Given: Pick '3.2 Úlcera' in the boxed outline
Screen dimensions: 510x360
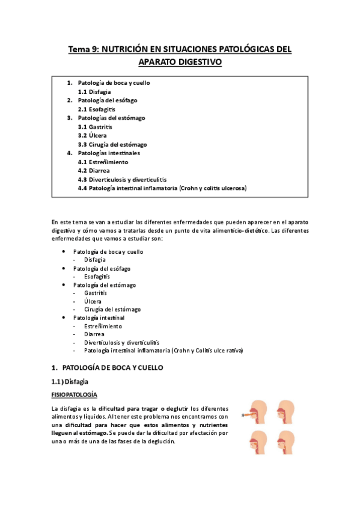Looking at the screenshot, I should click(x=94, y=136).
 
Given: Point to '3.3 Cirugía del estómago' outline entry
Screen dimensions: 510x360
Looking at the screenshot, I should click(x=112, y=145).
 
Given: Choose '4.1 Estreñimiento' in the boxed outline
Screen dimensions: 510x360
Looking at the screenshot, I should click(x=103, y=162).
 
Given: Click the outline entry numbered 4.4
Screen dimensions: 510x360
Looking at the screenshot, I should click(x=162, y=188).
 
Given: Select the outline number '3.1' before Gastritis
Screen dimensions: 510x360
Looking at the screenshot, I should click(x=82, y=127).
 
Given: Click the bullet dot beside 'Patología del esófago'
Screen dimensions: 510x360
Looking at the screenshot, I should click(x=64, y=268).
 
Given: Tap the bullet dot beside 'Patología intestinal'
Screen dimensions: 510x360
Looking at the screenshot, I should click(x=64, y=317).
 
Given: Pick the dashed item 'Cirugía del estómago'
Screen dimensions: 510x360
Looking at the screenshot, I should click(x=112, y=309).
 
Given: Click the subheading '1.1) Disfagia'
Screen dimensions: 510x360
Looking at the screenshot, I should click(x=72, y=381).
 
